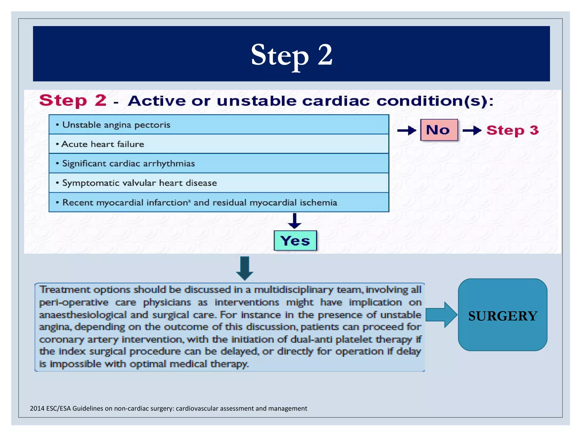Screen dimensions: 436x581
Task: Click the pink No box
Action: (x=439, y=130)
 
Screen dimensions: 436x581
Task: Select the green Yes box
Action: (x=295, y=241)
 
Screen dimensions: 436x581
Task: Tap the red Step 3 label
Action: (x=512, y=130)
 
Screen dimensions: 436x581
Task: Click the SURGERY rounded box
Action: (x=502, y=315)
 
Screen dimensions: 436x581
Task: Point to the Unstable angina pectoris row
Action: (x=218, y=125)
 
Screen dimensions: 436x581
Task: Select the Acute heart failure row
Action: (x=218, y=144)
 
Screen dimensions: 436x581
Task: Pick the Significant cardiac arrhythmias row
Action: (x=218, y=163)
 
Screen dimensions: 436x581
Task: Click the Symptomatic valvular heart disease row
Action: (x=218, y=183)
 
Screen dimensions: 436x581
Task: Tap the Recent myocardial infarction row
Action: (x=218, y=202)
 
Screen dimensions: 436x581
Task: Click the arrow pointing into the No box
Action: (x=406, y=131)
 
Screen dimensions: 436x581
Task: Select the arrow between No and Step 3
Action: (x=472, y=131)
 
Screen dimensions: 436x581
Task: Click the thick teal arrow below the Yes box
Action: (x=245, y=268)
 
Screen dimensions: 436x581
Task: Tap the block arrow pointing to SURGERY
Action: (x=441, y=315)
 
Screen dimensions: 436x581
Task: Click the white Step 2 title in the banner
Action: (x=291, y=54)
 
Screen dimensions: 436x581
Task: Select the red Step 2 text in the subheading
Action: (x=73, y=100)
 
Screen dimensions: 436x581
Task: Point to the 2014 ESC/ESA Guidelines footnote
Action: (x=169, y=408)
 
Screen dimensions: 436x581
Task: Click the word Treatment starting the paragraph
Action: (x=65, y=290)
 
